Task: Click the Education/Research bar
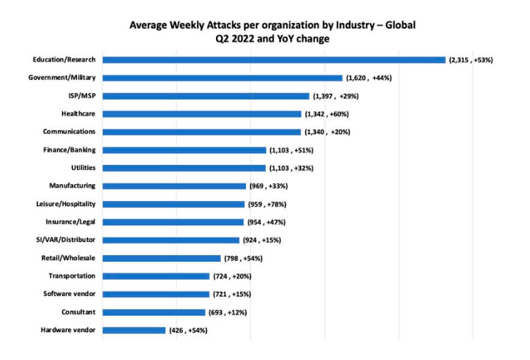272,60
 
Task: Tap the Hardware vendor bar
134,330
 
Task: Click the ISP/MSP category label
81,95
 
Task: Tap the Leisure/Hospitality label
65,204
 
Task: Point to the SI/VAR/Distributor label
65,240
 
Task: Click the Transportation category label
72,276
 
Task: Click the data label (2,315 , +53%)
471,60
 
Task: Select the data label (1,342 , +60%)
327,114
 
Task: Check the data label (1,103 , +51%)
292,150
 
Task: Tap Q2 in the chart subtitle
222,38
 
